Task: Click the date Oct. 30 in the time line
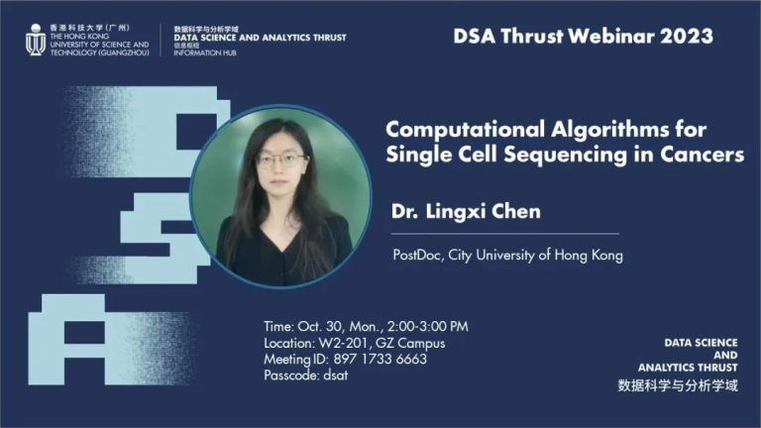click(318, 326)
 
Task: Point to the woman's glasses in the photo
click(281, 160)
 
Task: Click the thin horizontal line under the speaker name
click(505, 234)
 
